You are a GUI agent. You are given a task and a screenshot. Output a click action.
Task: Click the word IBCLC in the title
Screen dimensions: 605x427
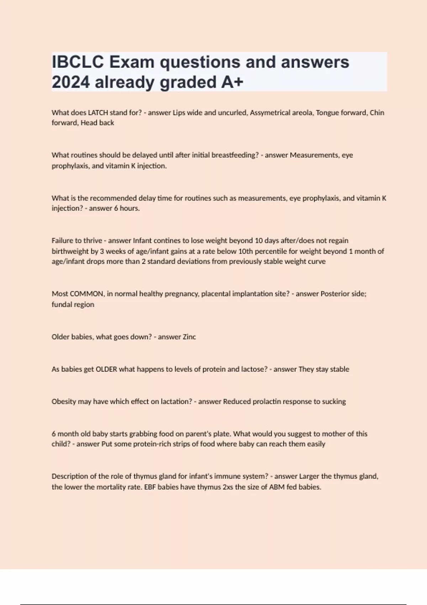point(78,62)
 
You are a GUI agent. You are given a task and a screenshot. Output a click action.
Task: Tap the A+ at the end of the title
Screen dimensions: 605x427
point(232,82)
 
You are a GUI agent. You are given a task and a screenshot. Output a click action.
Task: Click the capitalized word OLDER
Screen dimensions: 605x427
point(106,369)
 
